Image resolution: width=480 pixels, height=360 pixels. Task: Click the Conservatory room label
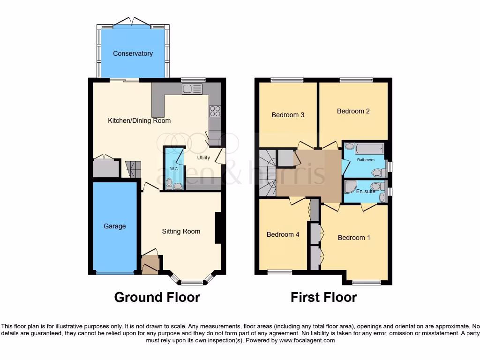tap(133, 53)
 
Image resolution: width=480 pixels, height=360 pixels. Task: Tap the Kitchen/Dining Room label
tap(139, 120)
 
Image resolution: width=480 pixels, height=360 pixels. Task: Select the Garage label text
tap(115, 226)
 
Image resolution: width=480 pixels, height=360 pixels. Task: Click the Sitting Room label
tap(181, 231)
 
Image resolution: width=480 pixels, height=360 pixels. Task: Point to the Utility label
tap(203, 157)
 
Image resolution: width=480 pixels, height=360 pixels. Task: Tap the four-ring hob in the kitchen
tap(215, 111)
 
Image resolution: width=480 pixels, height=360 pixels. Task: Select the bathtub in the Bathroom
tap(370, 150)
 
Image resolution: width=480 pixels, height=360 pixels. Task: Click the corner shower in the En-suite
tap(350, 187)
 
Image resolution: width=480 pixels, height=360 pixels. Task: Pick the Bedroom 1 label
tap(354, 238)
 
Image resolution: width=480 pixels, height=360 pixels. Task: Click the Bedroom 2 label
tap(353, 111)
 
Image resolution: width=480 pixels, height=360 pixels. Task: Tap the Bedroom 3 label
tap(288, 115)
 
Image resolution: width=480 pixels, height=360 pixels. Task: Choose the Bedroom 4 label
tap(283, 234)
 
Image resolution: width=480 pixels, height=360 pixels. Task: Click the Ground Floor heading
tap(157, 297)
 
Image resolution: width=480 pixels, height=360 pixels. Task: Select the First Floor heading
tap(323, 297)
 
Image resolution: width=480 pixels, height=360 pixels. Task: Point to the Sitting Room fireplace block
tap(218, 228)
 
